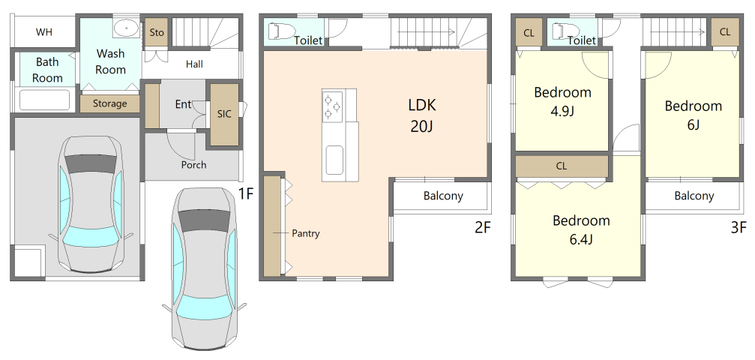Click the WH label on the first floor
coord(44,32)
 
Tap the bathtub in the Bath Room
coord(44,100)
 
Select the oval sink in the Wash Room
coord(127,28)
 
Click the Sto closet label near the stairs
coord(157,32)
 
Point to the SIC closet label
coord(224,114)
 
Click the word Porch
coord(193,165)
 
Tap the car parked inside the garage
coord(91,204)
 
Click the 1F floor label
coord(246,193)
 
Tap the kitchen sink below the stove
coord(334,161)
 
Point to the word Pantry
coord(306,234)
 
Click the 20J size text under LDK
coord(422,126)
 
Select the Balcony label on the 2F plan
coord(443,196)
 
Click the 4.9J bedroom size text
coord(562,111)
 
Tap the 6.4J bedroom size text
coord(581,239)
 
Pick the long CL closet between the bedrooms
coord(562,166)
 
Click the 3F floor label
coord(739,227)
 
